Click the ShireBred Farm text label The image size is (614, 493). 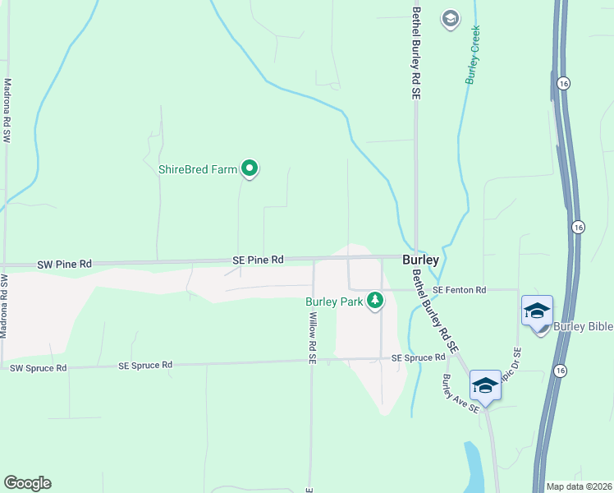click(197, 170)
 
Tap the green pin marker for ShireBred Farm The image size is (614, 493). click(250, 169)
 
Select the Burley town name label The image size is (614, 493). click(420, 260)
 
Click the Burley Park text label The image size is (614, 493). click(334, 302)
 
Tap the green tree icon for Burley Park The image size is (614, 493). click(375, 301)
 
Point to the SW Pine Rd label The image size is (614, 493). click(65, 265)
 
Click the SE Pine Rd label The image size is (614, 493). click(258, 260)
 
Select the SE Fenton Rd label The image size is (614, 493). click(460, 290)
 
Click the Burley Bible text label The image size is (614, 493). click(584, 327)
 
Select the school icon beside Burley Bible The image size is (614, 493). click(537, 311)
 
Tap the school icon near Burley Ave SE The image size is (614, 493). click(485, 385)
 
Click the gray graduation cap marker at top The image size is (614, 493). click(450, 18)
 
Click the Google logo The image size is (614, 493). click(27, 483)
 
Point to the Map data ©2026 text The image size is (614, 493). click(579, 486)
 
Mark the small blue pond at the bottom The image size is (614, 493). click(474, 468)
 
